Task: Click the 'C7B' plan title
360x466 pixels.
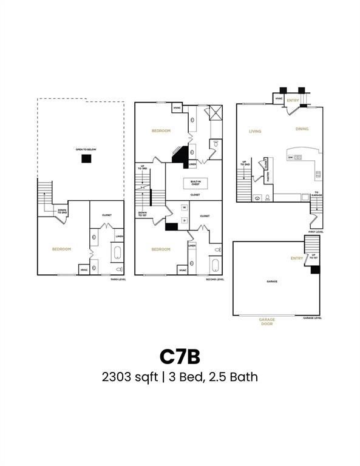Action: click(x=180, y=354)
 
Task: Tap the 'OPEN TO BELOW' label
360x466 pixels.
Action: click(x=87, y=149)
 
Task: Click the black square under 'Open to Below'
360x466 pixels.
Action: click(x=87, y=158)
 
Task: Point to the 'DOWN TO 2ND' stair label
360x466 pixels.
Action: click(x=62, y=212)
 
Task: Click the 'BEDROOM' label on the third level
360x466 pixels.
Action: click(x=61, y=249)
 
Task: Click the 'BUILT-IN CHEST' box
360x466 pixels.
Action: click(x=195, y=183)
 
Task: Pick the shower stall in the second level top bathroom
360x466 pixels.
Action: click(x=216, y=113)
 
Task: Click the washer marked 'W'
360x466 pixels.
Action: click(x=184, y=208)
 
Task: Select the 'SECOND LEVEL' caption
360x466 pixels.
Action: click(x=215, y=279)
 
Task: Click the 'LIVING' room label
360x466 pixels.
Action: click(x=256, y=130)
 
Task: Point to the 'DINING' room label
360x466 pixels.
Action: click(x=302, y=129)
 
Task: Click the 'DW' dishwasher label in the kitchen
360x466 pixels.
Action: click(x=291, y=158)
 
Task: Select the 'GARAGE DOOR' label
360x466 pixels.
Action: click(x=267, y=322)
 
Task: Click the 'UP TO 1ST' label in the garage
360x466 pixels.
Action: click(x=313, y=257)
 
